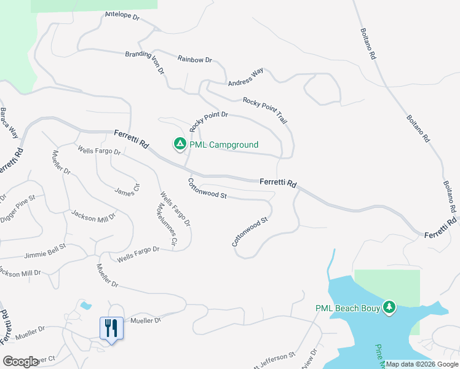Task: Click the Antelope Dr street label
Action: click(x=122, y=15)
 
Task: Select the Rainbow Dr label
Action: click(x=194, y=59)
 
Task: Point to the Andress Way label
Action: click(x=245, y=77)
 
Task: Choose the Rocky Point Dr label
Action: click(x=209, y=121)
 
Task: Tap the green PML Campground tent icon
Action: click(x=180, y=144)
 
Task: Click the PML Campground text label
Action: click(x=224, y=145)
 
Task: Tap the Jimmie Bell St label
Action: click(x=45, y=250)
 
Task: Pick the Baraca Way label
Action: click(x=9, y=123)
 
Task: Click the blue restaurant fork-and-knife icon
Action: click(x=111, y=327)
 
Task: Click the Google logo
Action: click(x=21, y=362)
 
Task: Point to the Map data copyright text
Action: click(x=422, y=364)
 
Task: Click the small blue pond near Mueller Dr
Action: click(x=85, y=305)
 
